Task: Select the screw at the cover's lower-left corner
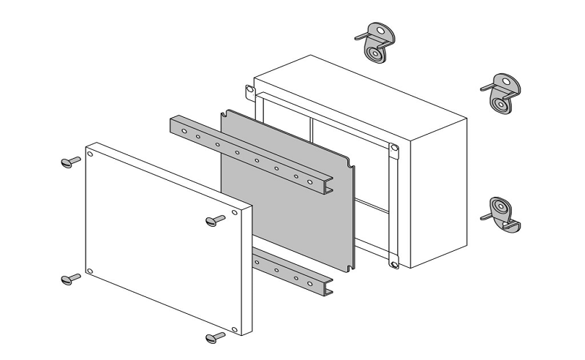[x=70, y=278]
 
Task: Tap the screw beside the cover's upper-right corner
[x=215, y=220]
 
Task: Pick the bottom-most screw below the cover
[x=215, y=337]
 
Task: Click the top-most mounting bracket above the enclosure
[x=374, y=44]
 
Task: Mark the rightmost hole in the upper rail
[x=310, y=181]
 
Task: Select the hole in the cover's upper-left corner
[x=90, y=154]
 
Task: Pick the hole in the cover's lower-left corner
[x=90, y=271]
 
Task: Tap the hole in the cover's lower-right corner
[x=234, y=329]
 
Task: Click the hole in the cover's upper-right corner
[x=235, y=213]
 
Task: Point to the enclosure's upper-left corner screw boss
[x=249, y=91]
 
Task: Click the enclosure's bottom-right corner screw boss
[x=393, y=260]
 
